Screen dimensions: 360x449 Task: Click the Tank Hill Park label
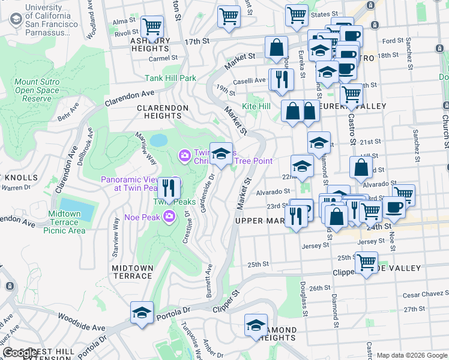tap(170, 78)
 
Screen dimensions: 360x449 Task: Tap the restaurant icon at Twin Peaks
tap(169, 188)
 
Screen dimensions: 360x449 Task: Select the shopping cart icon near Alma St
tap(152, 26)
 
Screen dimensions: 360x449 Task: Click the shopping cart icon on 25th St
tap(366, 262)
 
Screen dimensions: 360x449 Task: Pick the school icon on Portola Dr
tap(142, 313)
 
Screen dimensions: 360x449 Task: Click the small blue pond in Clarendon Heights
tap(158, 140)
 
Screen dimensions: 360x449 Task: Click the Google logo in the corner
tap(20, 353)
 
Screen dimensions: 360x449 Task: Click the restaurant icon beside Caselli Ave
tap(281, 78)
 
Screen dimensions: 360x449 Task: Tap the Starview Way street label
tap(115, 229)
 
